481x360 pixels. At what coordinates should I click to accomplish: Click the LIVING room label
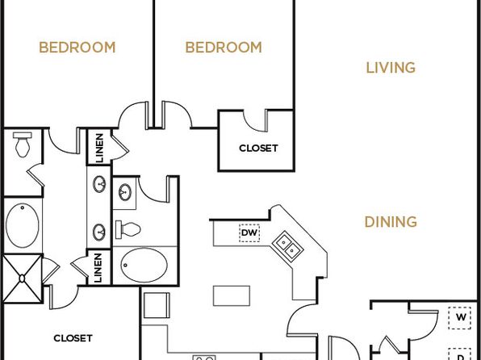391,68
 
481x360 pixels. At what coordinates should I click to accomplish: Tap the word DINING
391,222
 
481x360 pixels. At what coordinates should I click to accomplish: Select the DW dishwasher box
249,232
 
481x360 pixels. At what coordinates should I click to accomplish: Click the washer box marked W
459,318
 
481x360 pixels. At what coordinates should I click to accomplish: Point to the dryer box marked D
459,354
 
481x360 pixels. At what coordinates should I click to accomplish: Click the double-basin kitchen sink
287,246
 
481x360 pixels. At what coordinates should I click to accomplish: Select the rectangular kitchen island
232,296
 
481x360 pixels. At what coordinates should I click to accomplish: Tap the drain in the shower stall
22,278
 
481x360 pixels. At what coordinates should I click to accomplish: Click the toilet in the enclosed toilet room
23,144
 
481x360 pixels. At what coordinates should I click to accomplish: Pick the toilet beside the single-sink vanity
128,229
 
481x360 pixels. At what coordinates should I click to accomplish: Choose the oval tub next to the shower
23,225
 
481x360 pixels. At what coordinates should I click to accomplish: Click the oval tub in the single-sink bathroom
144,266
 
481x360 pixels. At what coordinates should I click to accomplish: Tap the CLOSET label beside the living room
258,149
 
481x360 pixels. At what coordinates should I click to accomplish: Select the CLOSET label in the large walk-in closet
73,338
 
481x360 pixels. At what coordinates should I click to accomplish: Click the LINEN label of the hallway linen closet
99,148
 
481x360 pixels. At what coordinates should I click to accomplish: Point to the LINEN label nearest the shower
98,268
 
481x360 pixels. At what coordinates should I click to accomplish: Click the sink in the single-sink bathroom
125,192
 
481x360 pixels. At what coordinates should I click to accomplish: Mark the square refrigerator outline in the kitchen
157,305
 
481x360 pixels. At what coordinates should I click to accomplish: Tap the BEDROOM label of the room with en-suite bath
77,48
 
